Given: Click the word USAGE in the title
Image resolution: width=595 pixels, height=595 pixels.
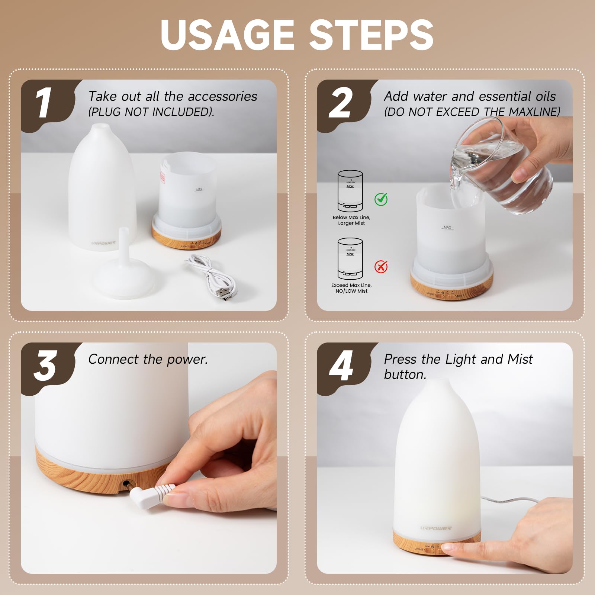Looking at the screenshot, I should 228,34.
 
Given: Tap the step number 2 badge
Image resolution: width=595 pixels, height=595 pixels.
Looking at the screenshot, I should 340,103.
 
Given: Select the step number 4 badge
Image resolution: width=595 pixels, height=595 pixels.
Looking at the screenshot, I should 341,366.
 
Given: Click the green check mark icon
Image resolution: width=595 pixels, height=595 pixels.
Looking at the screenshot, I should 381,199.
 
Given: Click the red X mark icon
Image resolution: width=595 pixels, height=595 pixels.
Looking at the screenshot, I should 381,267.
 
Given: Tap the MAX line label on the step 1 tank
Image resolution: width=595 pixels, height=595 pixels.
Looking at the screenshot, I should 199,189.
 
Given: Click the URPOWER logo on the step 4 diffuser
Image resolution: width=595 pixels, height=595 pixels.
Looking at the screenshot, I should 436,528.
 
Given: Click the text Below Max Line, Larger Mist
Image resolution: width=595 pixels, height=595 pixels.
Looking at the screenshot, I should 351,220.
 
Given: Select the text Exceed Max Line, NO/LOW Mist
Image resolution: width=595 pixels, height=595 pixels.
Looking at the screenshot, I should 351,288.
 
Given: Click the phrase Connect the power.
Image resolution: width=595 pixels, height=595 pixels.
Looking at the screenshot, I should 148,359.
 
